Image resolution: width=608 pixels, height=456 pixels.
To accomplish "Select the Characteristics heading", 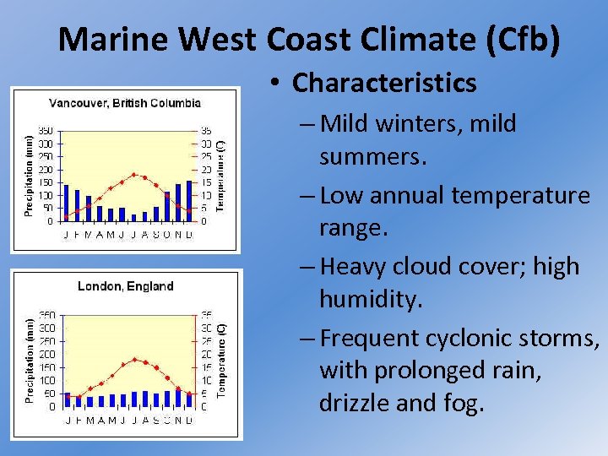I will (384, 83).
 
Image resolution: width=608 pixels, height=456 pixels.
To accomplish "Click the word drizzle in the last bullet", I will (355, 403).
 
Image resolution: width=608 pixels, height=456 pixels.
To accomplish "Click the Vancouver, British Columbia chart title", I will (125, 103).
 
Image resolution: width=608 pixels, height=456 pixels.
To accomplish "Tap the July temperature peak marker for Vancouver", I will (133, 175).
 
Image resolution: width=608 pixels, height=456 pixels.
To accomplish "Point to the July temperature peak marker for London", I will (133, 360).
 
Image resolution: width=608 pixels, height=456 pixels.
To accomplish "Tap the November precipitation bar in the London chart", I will (178, 399).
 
